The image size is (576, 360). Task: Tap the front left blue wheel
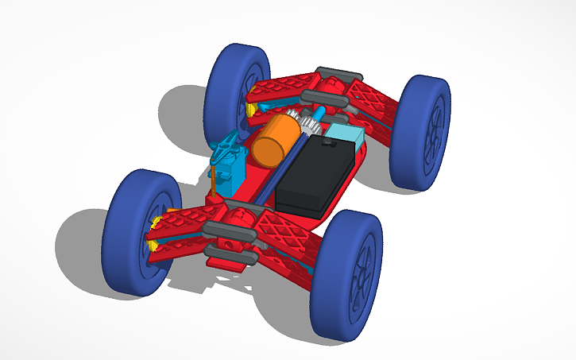click(139, 232)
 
